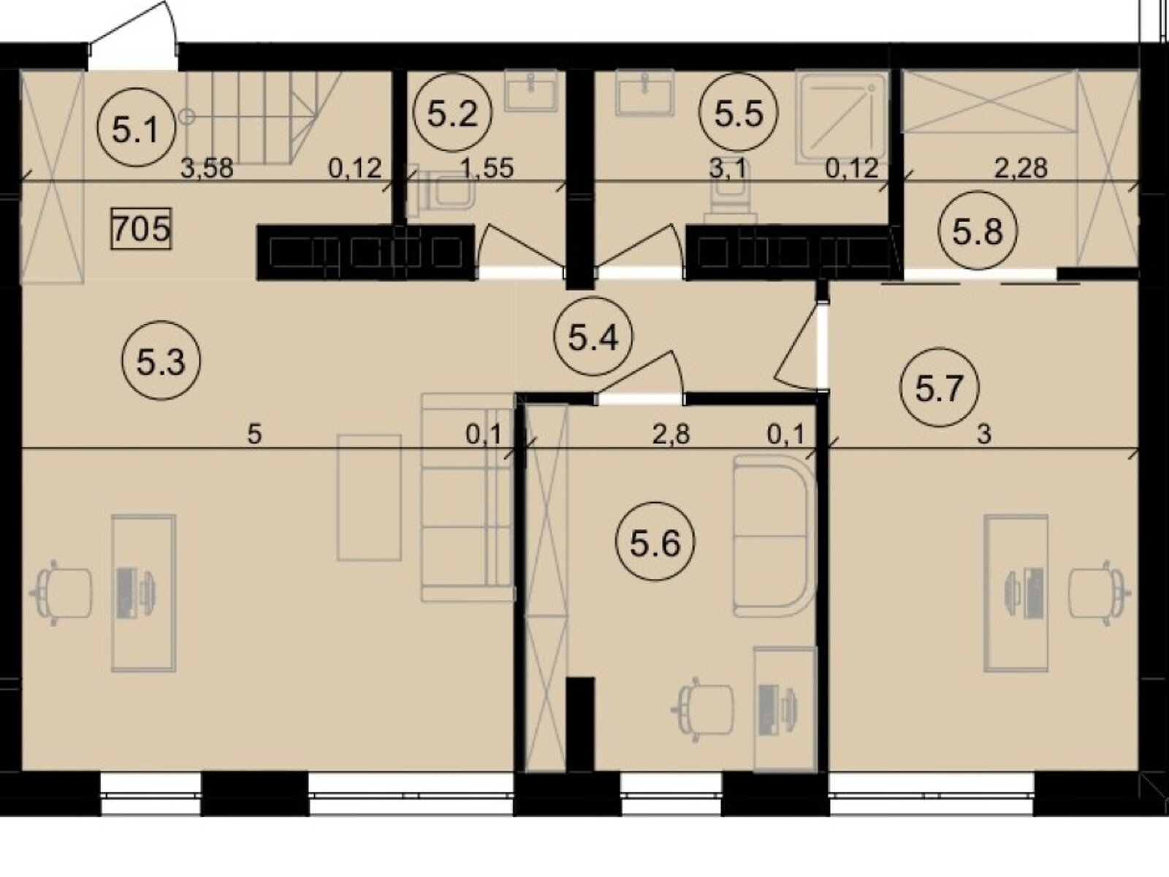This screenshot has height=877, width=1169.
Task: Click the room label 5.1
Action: tap(137, 126)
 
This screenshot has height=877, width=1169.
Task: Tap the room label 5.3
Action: tap(161, 360)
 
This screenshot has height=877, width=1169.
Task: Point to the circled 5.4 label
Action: tap(593, 338)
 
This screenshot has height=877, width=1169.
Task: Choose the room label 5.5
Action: tap(739, 113)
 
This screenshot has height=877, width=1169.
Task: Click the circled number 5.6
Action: tap(655, 542)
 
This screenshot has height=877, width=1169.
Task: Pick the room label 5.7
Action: tap(940, 388)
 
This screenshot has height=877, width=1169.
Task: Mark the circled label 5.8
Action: tap(978, 231)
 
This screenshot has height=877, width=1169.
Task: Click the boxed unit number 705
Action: tap(141, 229)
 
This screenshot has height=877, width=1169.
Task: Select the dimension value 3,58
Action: tap(207, 168)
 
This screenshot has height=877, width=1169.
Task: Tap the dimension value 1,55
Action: tap(487, 168)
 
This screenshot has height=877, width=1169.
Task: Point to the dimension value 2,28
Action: tap(1021, 168)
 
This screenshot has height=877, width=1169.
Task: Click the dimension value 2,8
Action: tap(671, 434)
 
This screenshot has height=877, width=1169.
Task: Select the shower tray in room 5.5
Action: tap(841, 118)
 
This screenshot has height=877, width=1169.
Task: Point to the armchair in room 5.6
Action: tap(774, 536)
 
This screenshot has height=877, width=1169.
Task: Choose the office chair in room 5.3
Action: tap(64, 593)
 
